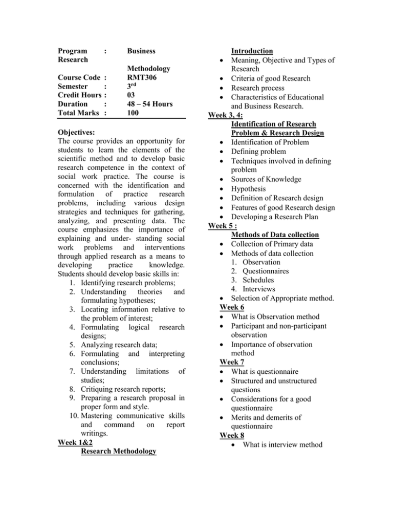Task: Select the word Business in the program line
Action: [x=141, y=51]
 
